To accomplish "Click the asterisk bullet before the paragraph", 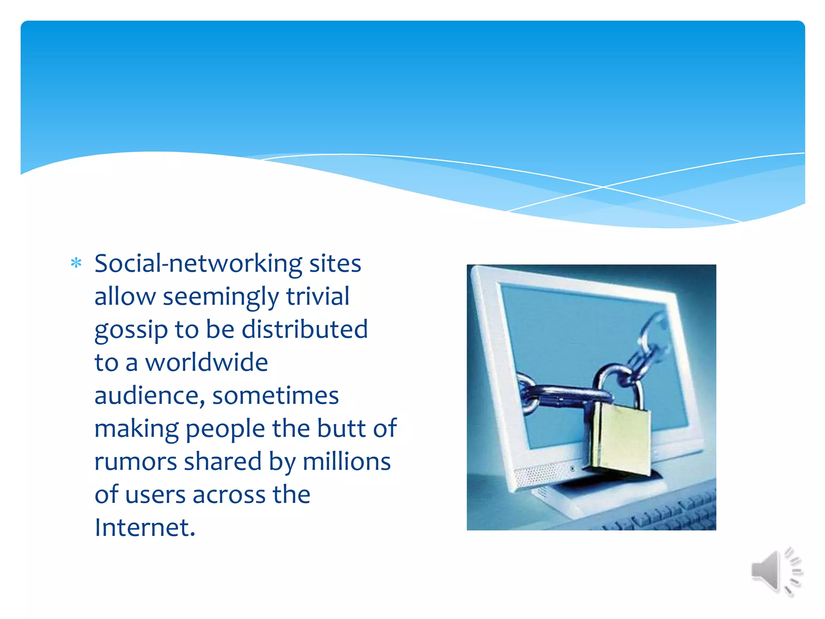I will [76, 264].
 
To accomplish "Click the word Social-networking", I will [198, 264].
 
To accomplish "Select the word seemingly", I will [220, 297].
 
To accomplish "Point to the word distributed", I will [305, 329].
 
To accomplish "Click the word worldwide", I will [206, 362].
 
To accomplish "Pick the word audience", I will [149, 396].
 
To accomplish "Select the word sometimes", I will [276, 396].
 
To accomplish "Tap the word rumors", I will [135, 462].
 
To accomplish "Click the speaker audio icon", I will [776, 571].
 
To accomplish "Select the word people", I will [225, 429].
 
